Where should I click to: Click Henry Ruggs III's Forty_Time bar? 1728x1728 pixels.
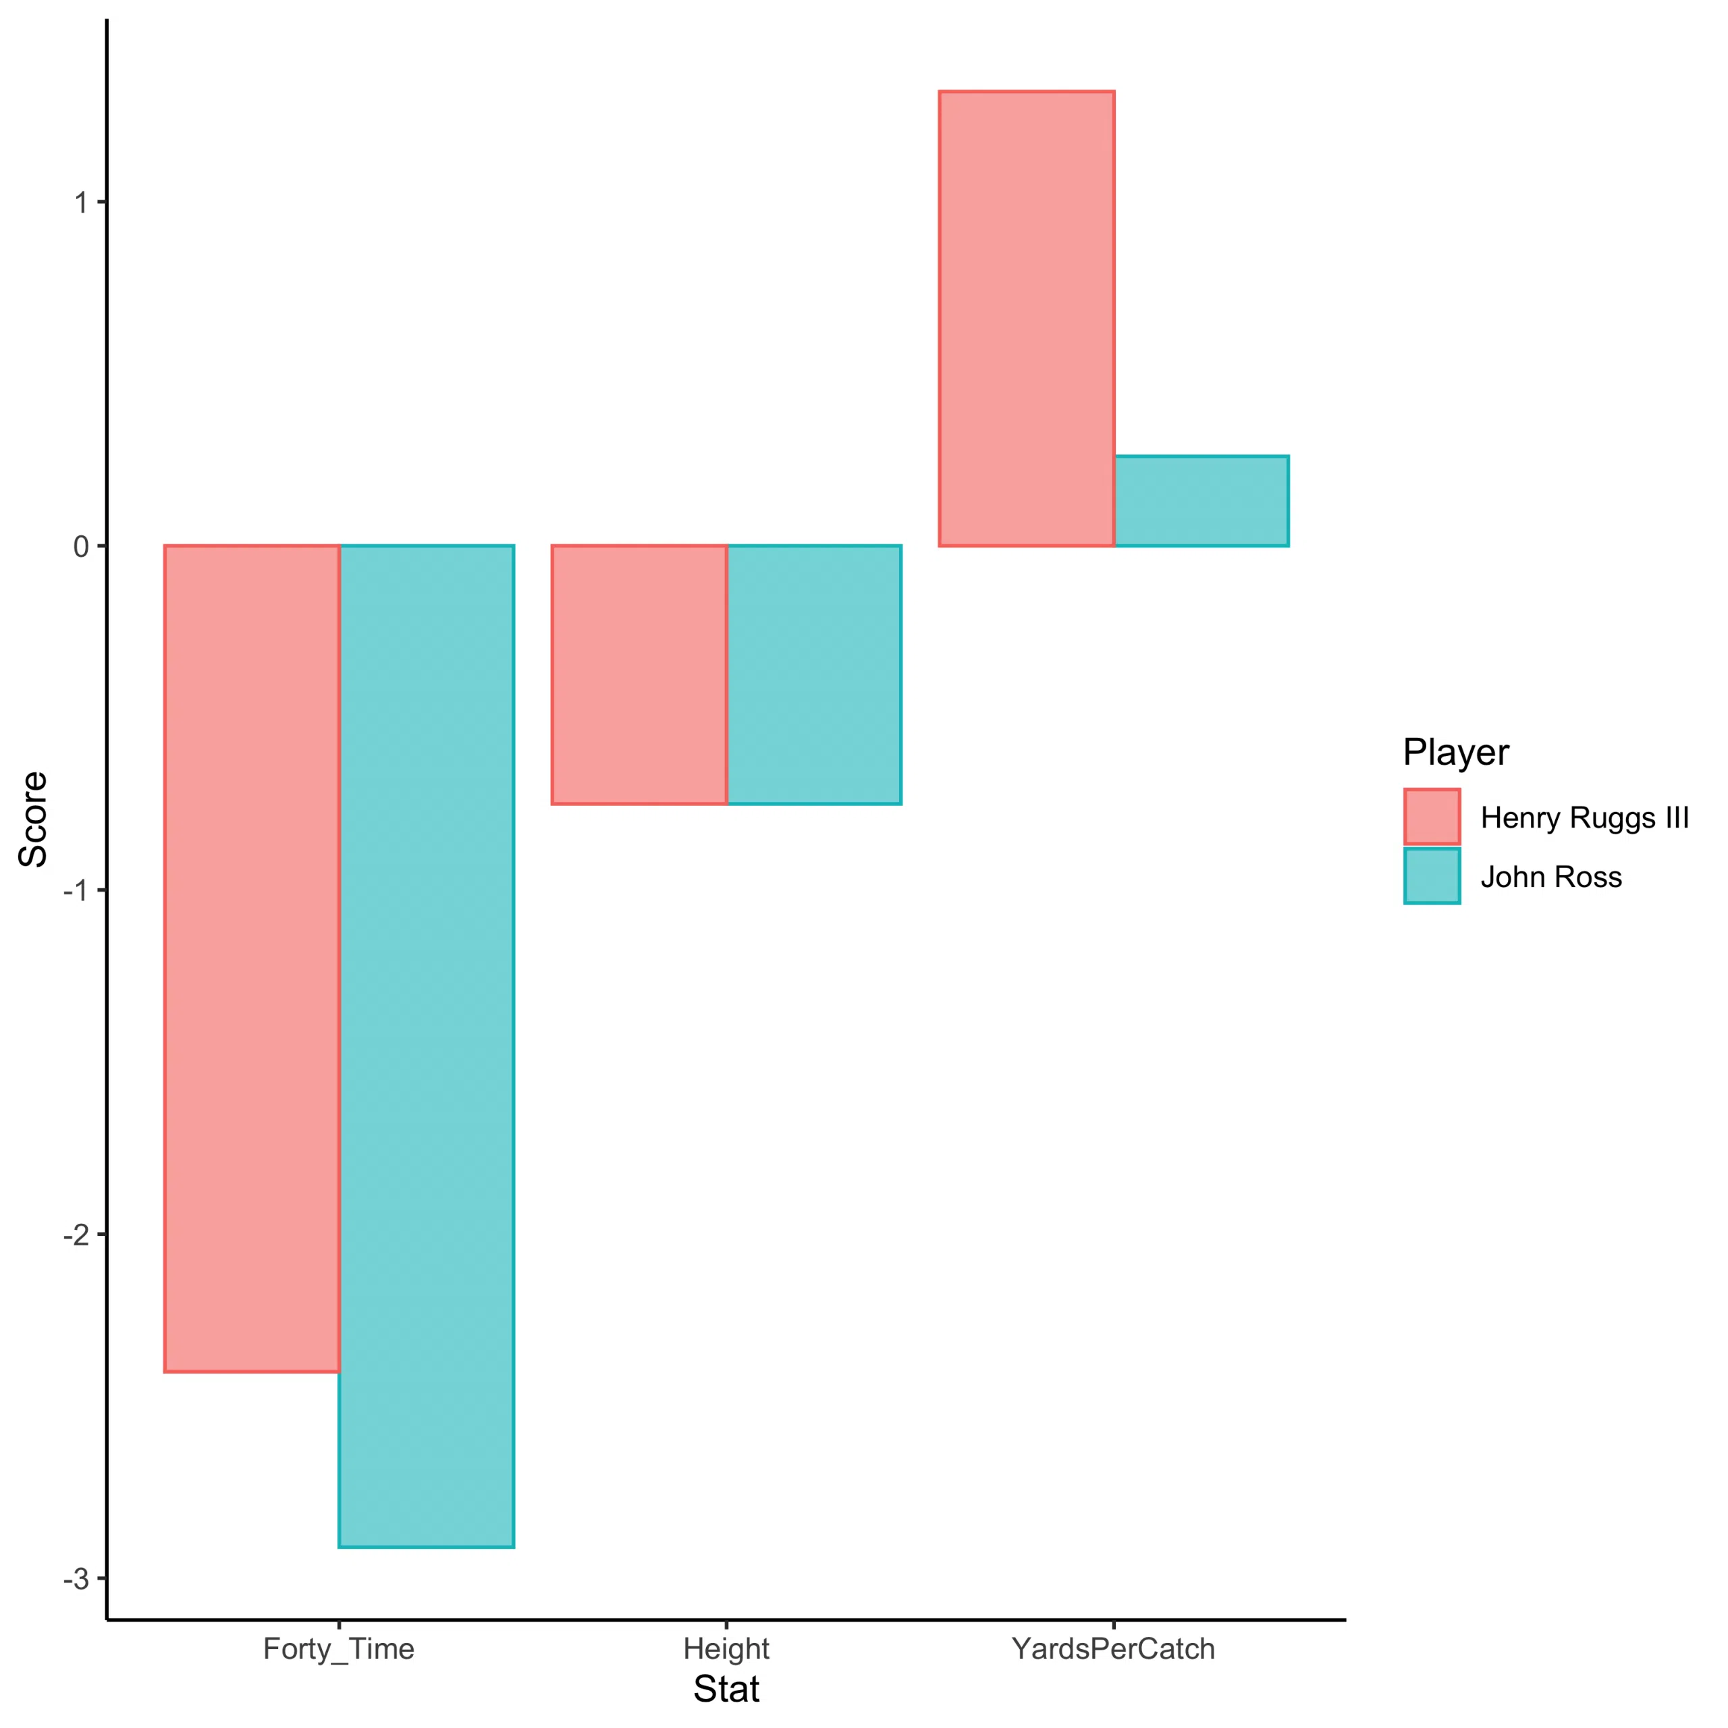[x=251, y=957]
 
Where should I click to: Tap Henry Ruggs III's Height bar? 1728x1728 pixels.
[x=639, y=674]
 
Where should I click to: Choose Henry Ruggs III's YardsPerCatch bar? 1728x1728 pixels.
[x=1026, y=319]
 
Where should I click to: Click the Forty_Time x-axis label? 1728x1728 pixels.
[x=338, y=1648]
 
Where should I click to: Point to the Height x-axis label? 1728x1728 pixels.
[x=726, y=1648]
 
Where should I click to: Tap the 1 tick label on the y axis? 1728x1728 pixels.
[x=82, y=203]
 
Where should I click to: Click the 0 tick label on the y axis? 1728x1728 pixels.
[x=82, y=547]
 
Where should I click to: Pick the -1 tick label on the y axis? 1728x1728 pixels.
[x=76, y=891]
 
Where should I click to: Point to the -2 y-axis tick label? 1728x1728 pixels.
[x=76, y=1235]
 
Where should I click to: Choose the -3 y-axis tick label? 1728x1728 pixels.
[x=76, y=1579]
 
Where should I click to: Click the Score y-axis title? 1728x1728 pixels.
[x=33, y=819]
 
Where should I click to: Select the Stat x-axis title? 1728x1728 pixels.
[x=726, y=1690]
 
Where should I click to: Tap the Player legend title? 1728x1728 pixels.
[x=1455, y=752]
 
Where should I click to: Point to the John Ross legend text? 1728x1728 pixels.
[x=1551, y=877]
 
